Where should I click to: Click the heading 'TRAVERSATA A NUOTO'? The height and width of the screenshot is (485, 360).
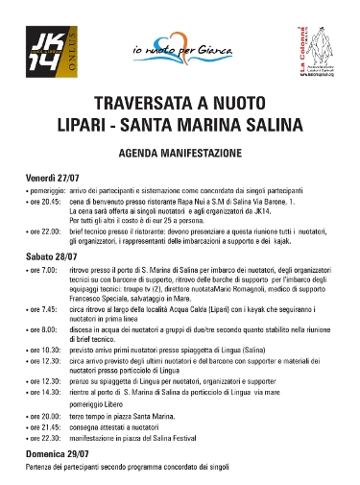click(179, 103)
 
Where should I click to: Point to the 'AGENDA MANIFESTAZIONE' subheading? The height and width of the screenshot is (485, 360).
click(179, 153)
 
